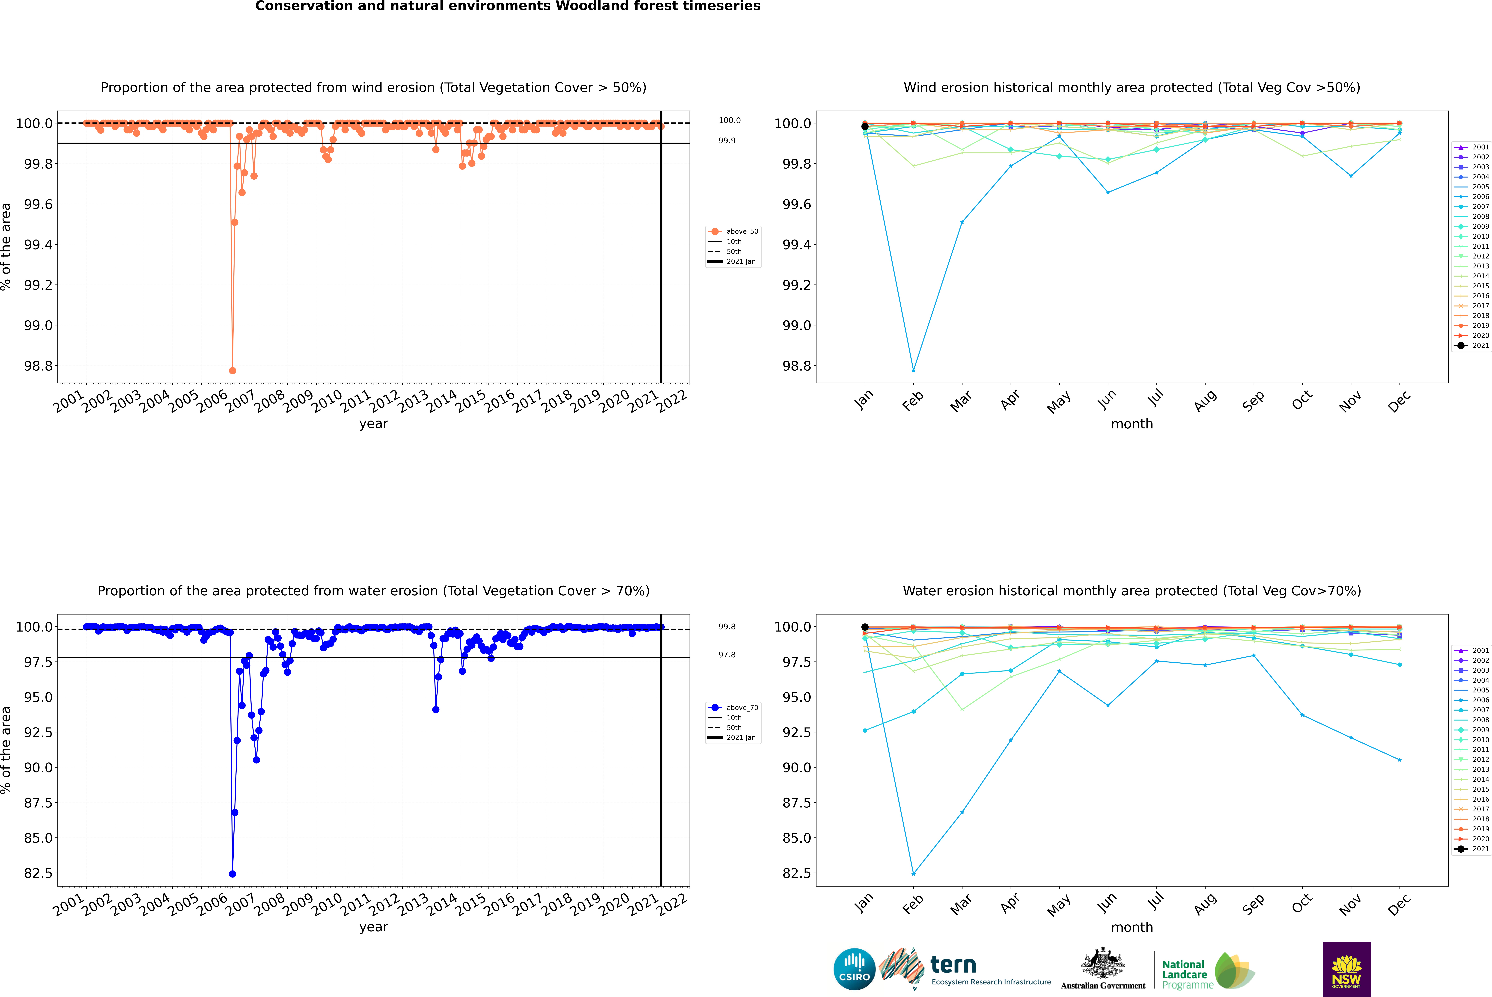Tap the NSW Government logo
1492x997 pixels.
[1346, 969]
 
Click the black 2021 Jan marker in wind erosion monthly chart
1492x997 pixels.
[865, 127]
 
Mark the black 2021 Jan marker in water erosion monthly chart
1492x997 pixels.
[865, 627]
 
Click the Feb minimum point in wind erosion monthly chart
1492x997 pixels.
[913, 370]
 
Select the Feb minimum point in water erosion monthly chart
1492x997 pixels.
[913, 874]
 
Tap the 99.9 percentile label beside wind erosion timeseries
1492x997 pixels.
[727, 140]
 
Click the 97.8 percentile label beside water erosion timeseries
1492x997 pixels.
[727, 654]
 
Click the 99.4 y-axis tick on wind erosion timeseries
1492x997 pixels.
[38, 245]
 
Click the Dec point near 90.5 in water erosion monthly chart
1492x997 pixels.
[1399, 760]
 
